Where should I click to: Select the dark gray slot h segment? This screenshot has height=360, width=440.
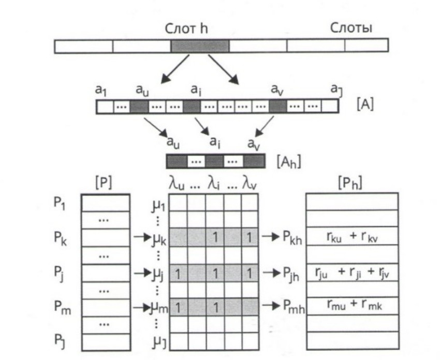(200, 46)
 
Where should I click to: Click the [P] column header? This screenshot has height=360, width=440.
(105, 184)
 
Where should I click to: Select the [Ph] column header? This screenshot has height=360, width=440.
(352, 184)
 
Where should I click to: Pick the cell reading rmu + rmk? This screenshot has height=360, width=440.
(352, 306)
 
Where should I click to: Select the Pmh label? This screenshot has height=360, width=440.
(293, 308)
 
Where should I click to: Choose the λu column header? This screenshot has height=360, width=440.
(177, 183)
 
